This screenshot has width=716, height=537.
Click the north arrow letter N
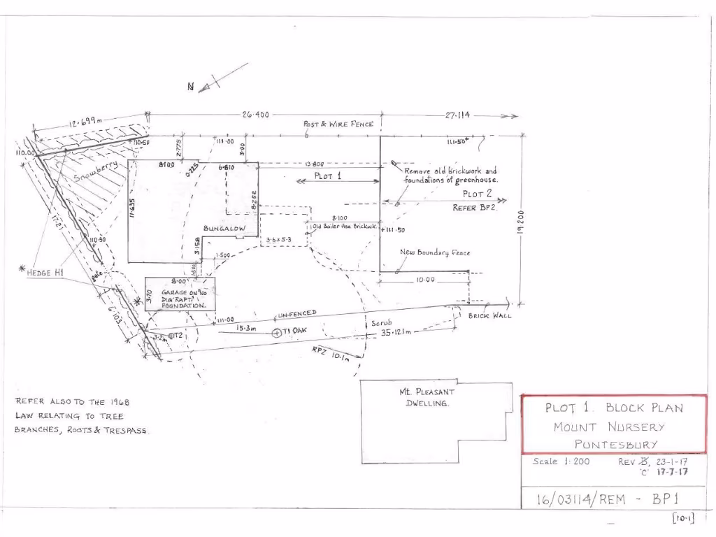tap(190, 87)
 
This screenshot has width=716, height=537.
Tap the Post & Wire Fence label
tap(338, 124)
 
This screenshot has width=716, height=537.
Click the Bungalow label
tap(224, 228)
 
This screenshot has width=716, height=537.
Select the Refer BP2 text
tap(478, 208)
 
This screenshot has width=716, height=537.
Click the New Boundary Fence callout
tap(435, 252)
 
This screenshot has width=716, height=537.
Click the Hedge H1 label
tap(45, 273)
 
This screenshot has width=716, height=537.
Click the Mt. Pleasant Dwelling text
tap(427, 397)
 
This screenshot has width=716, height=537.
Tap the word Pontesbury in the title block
tap(616, 444)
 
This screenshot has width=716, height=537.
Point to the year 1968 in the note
tap(118, 402)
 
